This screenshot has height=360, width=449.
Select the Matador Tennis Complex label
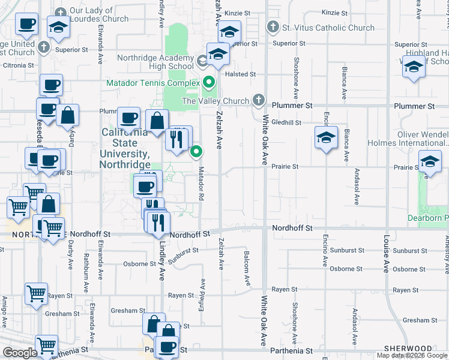click(153, 82)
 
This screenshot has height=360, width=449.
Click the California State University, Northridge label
click(127, 148)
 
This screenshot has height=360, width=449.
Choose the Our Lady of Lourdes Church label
click(99, 14)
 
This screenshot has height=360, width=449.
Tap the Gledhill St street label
click(286, 122)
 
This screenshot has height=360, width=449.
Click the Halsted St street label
click(245, 74)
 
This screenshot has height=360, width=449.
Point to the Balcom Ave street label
click(247, 268)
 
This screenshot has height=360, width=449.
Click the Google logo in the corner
click(20, 353)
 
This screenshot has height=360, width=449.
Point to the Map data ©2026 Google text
click(412, 355)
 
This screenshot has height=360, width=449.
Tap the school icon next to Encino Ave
click(326, 139)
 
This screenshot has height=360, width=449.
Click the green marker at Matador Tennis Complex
click(209, 82)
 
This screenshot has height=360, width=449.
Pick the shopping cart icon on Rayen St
click(37, 294)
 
